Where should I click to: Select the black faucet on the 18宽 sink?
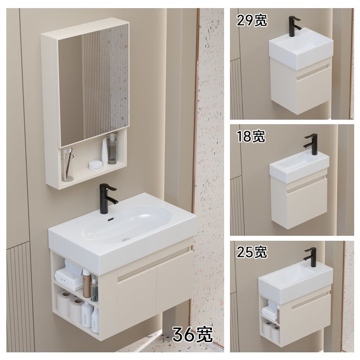(310, 144)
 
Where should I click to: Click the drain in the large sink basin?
(127, 234)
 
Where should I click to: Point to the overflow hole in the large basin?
(109, 220)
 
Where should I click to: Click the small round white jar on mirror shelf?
(95, 165)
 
